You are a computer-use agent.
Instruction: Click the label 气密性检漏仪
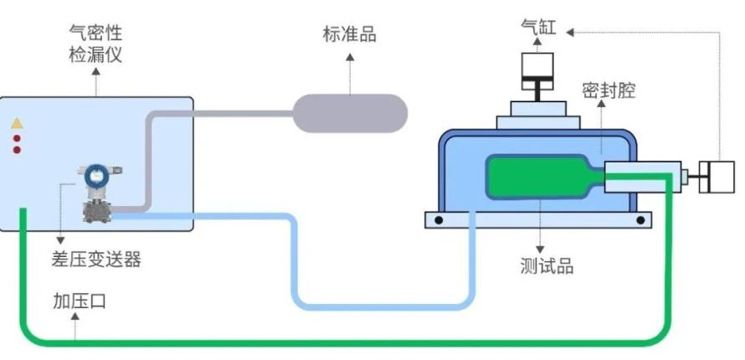click(95, 43)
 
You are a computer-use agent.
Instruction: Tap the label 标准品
click(349, 34)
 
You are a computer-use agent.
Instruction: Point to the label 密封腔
click(609, 90)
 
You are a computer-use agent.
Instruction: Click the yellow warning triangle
click(17, 123)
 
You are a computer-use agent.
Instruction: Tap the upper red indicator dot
click(17, 137)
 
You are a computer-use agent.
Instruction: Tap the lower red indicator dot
click(17, 150)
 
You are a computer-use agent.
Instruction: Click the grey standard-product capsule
click(349, 112)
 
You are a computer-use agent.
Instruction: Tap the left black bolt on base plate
click(437, 220)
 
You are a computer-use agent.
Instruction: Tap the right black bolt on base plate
click(640, 220)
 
